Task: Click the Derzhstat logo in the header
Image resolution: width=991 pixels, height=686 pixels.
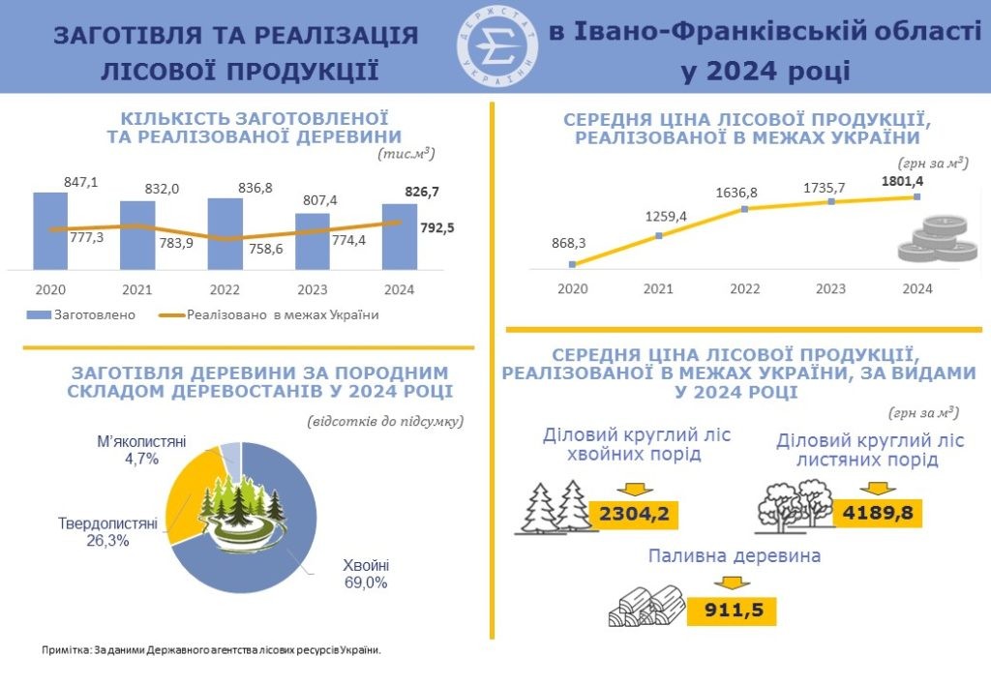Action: [x=495, y=45]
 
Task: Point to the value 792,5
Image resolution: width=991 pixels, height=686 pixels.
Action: [x=438, y=229]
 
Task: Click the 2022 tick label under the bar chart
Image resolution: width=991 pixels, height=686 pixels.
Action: [x=225, y=288]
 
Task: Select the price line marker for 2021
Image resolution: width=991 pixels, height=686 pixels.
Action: [x=658, y=235]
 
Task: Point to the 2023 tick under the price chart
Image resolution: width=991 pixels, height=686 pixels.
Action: [x=830, y=288]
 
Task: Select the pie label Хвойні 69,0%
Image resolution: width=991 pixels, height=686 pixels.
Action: [x=366, y=574]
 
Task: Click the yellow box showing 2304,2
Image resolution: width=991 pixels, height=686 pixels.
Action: [x=635, y=513]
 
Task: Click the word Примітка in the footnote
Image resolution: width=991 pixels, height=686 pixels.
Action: [x=65, y=650]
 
